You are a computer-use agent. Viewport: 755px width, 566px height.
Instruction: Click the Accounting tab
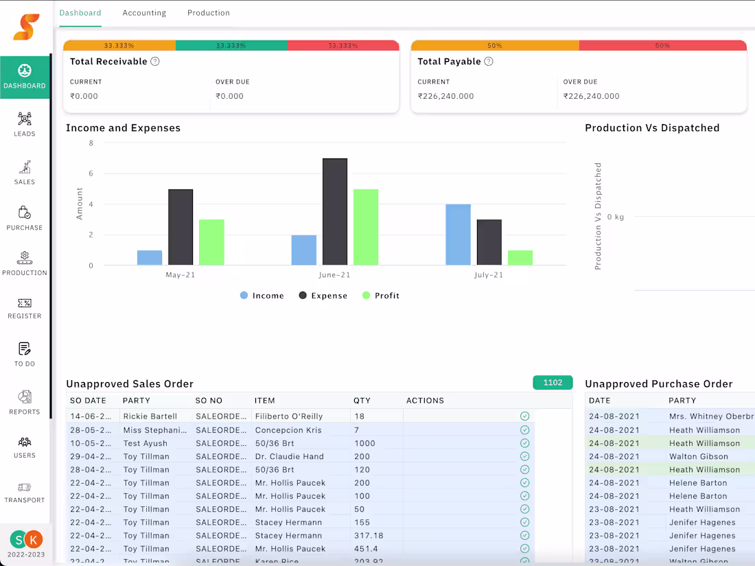pyautogui.click(x=144, y=13)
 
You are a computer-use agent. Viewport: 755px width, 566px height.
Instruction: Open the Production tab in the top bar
pyautogui.click(x=209, y=13)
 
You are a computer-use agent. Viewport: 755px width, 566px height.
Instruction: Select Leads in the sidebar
pyautogui.click(x=25, y=124)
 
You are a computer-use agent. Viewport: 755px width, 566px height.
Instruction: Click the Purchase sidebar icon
pyautogui.click(x=25, y=217)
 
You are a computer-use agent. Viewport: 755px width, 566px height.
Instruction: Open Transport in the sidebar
pyautogui.click(x=25, y=492)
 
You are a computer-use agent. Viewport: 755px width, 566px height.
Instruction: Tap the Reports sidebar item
pyautogui.click(x=25, y=402)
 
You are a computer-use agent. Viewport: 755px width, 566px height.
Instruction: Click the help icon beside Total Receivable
pyautogui.click(x=155, y=62)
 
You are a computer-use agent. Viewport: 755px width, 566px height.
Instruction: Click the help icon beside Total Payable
pyautogui.click(x=489, y=62)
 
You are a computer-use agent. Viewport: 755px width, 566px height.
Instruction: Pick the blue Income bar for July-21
pyautogui.click(x=458, y=235)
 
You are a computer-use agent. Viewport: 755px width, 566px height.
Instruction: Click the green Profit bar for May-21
pyautogui.click(x=211, y=242)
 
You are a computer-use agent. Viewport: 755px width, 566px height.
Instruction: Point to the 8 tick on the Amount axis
pyautogui.click(x=91, y=143)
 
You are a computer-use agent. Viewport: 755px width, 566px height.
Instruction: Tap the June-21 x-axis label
pyautogui.click(x=335, y=275)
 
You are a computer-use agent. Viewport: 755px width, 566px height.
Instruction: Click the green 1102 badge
pyautogui.click(x=553, y=383)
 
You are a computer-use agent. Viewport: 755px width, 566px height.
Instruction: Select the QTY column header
pyautogui.click(x=362, y=401)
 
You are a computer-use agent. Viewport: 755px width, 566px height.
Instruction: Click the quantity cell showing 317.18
pyautogui.click(x=369, y=536)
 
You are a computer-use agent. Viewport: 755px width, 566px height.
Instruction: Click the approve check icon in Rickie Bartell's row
pyautogui.click(x=525, y=416)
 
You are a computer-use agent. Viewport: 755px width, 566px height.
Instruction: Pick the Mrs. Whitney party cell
pyautogui.click(x=711, y=416)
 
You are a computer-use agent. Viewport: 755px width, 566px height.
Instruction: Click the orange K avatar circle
pyautogui.click(x=33, y=540)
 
